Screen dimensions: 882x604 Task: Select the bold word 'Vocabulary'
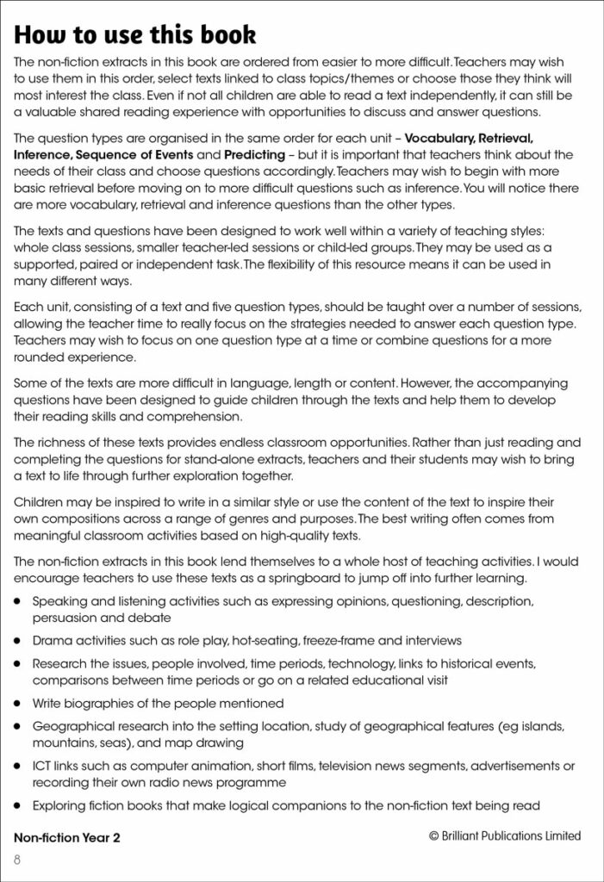[439, 138]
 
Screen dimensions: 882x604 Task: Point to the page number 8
[17, 860]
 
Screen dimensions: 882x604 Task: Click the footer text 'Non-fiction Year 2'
[67, 836]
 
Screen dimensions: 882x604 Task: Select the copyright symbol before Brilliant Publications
[433, 835]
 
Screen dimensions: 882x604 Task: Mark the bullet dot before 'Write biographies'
[17, 704]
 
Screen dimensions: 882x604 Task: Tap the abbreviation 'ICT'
[42, 766]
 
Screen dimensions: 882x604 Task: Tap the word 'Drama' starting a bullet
[51, 641]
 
